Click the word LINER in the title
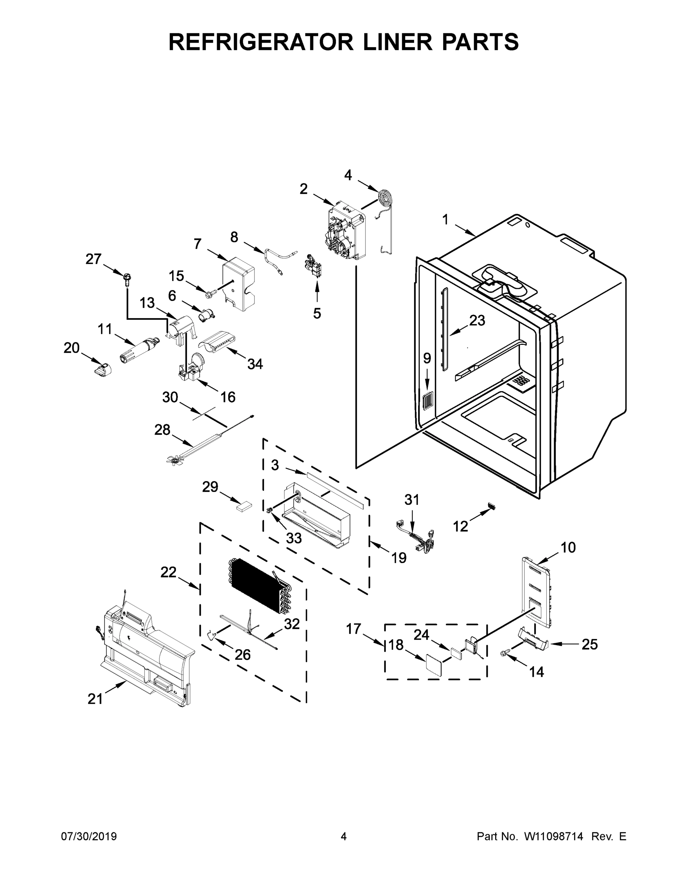point(388,41)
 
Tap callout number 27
point(93,259)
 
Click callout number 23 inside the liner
point(477,320)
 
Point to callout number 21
point(95,699)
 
